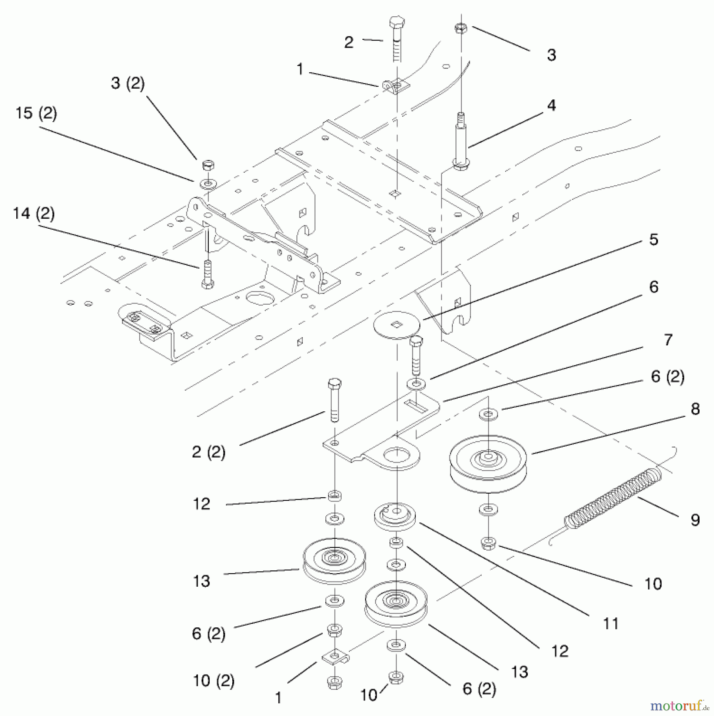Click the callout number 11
point(611,624)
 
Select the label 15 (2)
point(36,113)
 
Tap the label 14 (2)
point(34,214)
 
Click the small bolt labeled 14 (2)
point(207,274)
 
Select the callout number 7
point(668,340)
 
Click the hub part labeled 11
point(395,516)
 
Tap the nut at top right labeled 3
point(461,28)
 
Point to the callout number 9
point(695,520)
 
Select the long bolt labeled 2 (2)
point(335,400)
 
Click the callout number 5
point(654,240)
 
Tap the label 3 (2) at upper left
point(128,84)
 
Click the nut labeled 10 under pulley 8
point(488,543)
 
